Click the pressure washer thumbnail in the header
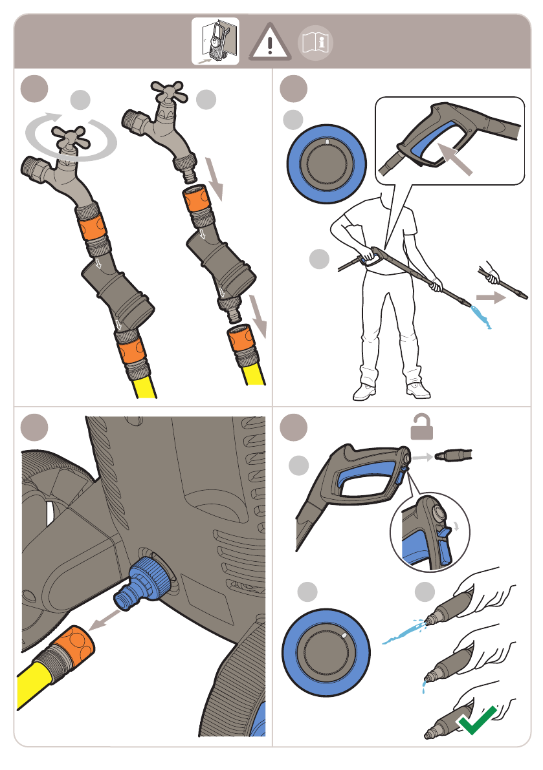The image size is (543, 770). click(216, 41)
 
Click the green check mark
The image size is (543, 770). click(477, 719)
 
